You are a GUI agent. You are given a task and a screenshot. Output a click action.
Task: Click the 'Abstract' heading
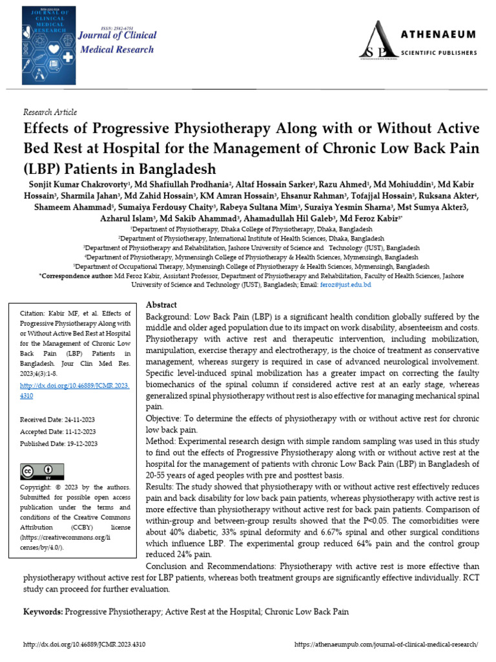pos(161,304)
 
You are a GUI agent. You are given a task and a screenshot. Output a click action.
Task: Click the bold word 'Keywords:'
pos(43,611)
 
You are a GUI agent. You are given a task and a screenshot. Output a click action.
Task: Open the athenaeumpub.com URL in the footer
pos(386,645)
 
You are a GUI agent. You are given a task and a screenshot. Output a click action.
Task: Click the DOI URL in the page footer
pos(84,645)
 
